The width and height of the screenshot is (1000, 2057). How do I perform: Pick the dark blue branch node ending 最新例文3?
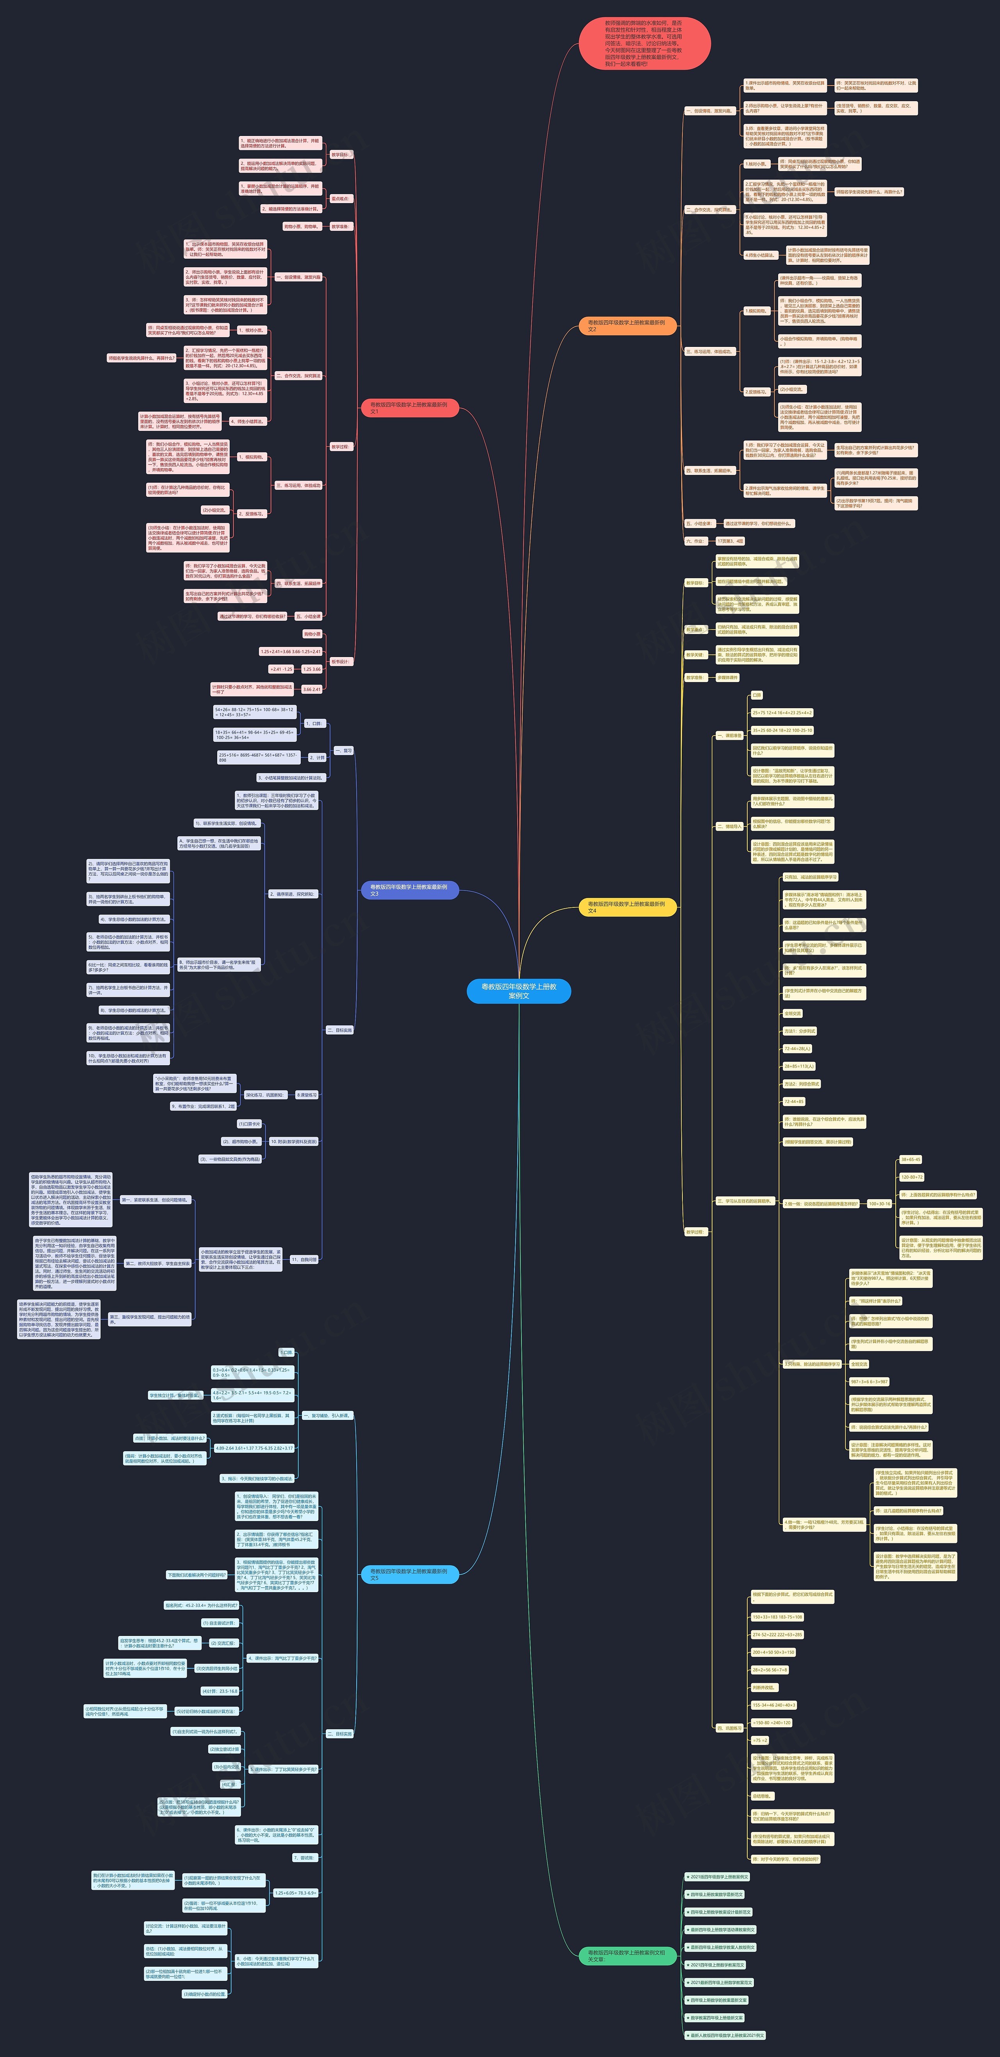(409, 889)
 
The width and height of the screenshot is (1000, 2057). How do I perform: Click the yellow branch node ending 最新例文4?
(627, 907)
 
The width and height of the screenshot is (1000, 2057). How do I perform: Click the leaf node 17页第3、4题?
(730, 541)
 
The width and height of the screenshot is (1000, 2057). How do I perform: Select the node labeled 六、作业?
(695, 541)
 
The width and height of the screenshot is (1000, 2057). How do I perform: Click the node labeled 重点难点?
(340, 198)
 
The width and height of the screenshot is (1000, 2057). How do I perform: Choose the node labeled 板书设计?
(340, 661)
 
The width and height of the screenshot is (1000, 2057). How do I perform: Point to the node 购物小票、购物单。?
(301, 226)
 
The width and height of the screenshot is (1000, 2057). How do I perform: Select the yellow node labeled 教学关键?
(695, 655)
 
